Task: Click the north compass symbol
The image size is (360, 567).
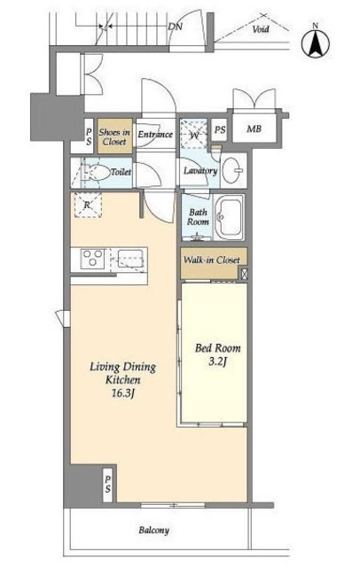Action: tap(316, 43)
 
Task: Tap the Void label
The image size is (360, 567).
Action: tap(261, 29)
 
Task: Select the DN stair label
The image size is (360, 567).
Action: tap(175, 27)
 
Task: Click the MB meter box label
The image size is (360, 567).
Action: tap(254, 128)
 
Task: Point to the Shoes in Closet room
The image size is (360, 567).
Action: tap(114, 136)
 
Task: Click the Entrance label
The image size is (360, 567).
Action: tap(155, 134)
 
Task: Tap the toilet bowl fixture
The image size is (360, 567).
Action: tap(97, 173)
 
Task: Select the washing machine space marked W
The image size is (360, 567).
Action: tap(194, 133)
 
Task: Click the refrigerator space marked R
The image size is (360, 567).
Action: tap(88, 205)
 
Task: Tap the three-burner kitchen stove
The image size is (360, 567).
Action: tap(92, 259)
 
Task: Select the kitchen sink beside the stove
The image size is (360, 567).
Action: tap(131, 260)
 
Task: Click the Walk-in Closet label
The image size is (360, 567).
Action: tap(212, 260)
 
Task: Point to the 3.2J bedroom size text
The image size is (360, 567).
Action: tap(217, 361)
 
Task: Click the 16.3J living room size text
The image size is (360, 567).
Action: tap(123, 393)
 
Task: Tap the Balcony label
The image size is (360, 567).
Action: tap(154, 531)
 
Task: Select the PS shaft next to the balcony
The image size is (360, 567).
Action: tap(108, 485)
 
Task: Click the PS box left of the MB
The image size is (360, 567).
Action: tap(220, 129)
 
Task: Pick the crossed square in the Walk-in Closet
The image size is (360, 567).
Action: tap(244, 274)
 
